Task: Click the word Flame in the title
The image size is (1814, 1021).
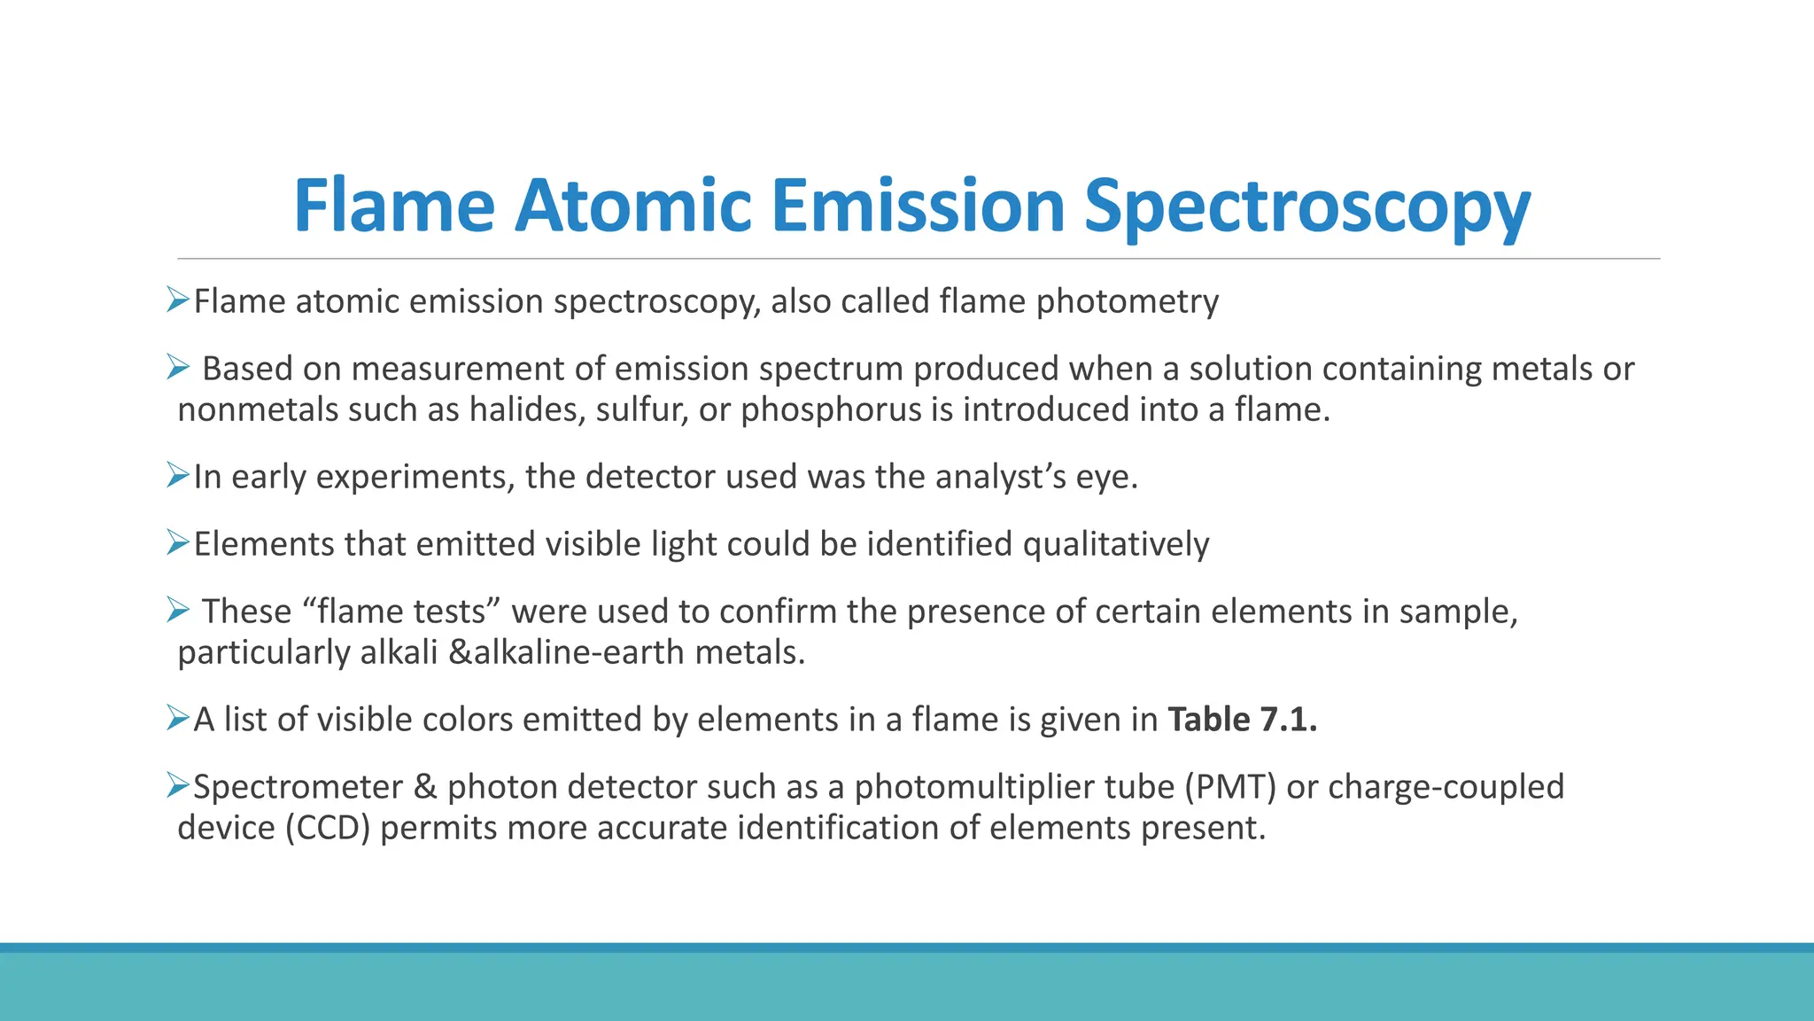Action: pos(394,207)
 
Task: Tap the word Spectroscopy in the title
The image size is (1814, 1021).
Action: pos(1307,207)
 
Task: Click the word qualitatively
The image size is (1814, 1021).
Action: pos(1115,544)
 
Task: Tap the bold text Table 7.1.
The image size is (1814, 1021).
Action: pos(1242,720)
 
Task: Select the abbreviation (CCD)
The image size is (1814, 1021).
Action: pos(327,828)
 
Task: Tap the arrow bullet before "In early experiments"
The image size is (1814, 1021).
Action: pos(178,476)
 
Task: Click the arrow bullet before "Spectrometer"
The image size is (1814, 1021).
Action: pos(178,785)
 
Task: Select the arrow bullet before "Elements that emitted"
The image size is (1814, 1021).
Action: pos(178,542)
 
